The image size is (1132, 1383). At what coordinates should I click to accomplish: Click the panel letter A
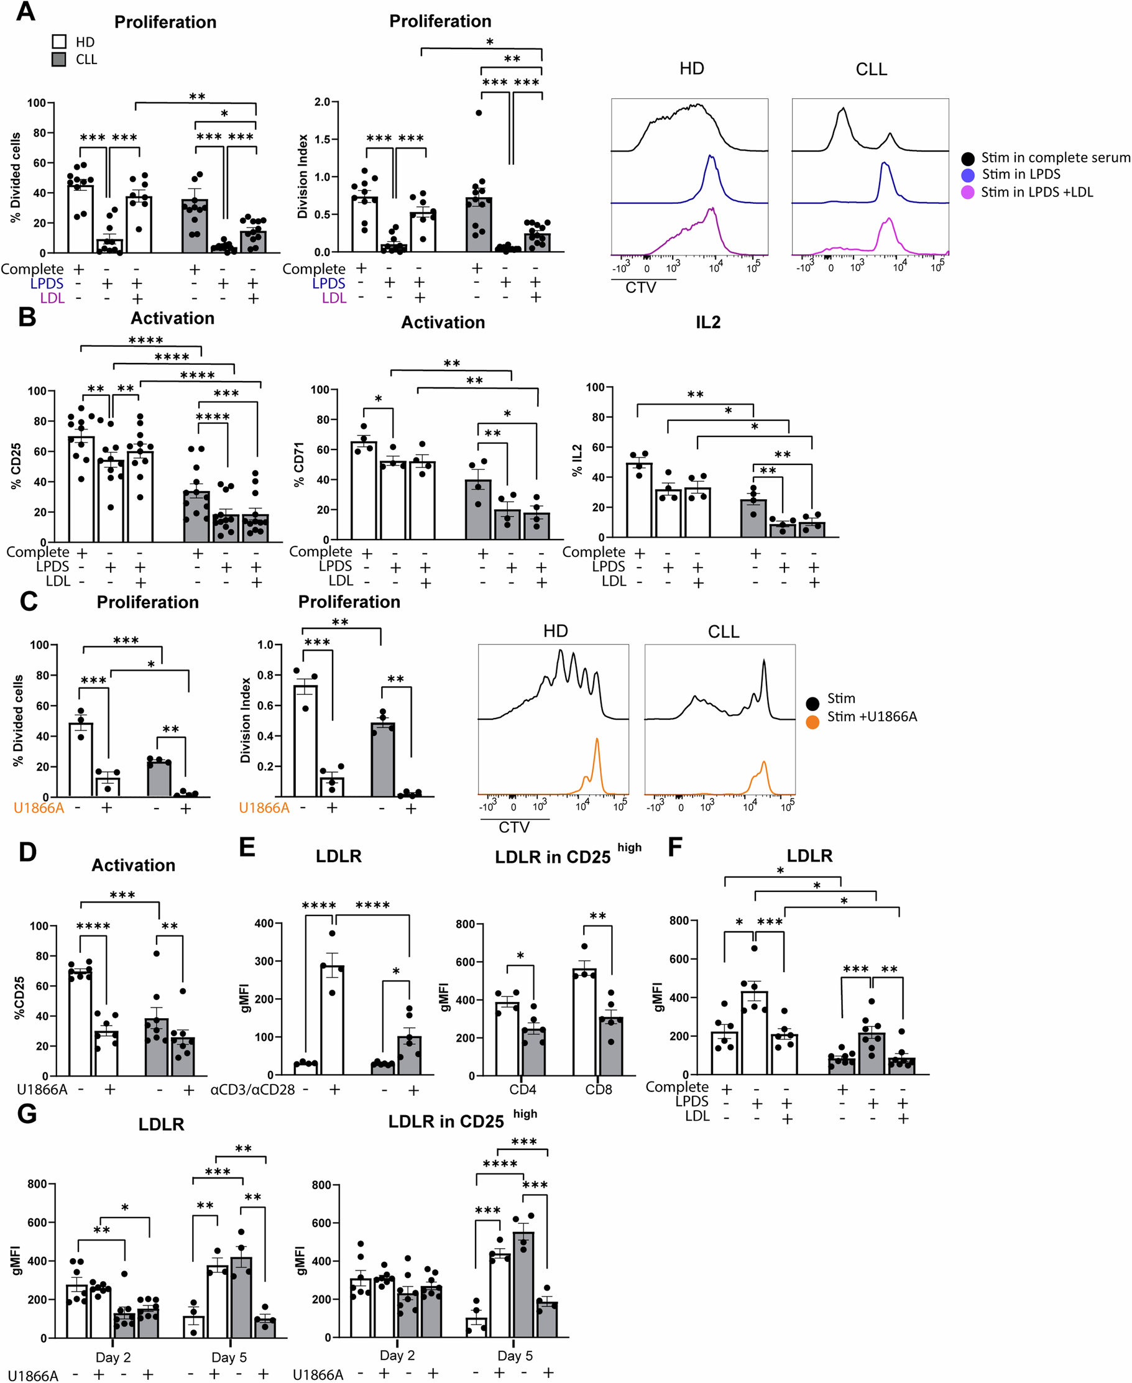click(x=25, y=11)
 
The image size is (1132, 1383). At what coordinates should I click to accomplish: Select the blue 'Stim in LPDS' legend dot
click(x=969, y=175)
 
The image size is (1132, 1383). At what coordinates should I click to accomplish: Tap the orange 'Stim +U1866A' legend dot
click(x=812, y=722)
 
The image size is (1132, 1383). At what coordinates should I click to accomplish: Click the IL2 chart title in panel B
click(x=707, y=323)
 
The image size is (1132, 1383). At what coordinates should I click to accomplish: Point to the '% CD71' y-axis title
click(x=299, y=464)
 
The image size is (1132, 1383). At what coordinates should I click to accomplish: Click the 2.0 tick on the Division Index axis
click(x=322, y=102)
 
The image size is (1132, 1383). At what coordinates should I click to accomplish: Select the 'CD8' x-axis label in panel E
click(x=598, y=1090)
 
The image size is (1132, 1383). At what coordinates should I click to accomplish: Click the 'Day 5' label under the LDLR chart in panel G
click(x=229, y=1357)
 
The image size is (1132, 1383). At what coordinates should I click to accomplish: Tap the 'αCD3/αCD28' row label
click(x=252, y=1090)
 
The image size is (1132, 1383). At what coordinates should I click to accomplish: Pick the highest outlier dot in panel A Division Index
click(x=479, y=113)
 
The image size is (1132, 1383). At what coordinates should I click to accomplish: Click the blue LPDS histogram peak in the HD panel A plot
click(x=711, y=157)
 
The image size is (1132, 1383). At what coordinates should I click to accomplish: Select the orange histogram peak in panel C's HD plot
click(x=597, y=740)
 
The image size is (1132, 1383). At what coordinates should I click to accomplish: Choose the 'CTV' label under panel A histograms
click(x=641, y=288)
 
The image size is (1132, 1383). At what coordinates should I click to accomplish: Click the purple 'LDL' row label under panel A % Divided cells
click(x=52, y=298)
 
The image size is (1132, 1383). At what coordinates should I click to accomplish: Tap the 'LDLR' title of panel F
click(x=809, y=855)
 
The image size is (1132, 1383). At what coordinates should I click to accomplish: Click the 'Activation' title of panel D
click(x=133, y=865)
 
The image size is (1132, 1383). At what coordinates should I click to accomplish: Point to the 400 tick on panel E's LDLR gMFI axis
click(x=264, y=923)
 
